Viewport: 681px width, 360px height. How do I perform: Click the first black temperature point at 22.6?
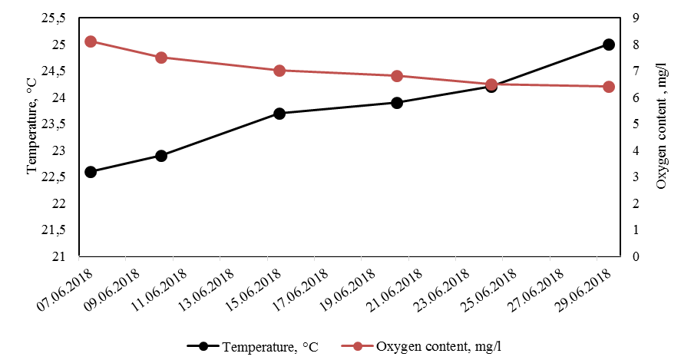[91, 172]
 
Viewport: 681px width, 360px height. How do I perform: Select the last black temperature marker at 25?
[609, 45]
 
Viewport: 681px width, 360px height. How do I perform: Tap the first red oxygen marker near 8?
[91, 41]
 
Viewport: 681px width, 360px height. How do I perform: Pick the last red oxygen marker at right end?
[609, 87]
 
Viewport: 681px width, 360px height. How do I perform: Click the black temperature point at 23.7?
[279, 114]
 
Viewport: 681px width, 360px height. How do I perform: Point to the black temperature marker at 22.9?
[161, 156]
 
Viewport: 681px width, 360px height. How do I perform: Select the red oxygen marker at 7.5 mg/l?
[161, 58]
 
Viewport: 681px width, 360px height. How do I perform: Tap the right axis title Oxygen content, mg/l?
[662, 138]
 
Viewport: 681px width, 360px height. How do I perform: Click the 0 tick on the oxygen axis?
[633, 256]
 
